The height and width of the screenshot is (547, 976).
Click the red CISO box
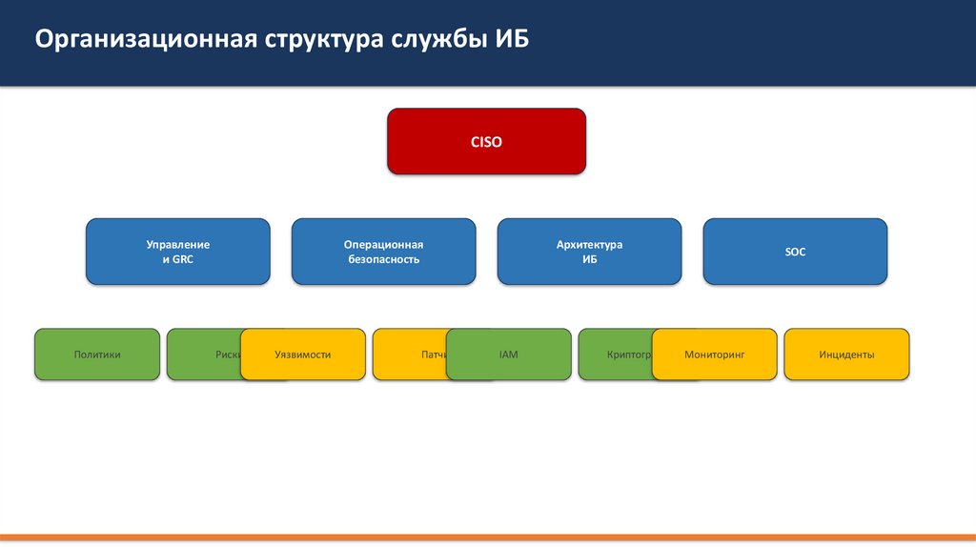coord(486,141)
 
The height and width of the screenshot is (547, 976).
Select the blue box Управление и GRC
coord(178,252)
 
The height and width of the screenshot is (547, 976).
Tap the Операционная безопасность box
coord(383,252)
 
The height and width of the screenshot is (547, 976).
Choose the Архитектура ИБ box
coord(589,252)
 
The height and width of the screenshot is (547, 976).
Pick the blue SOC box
coord(795,252)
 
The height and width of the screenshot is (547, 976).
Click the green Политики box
coord(97,355)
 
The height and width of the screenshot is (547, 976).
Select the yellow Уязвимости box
coord(302,355)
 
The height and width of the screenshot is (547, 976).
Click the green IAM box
coord(508,355)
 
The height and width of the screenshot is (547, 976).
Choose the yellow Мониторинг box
coord(714,355)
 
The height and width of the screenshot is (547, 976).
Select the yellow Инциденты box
coord(846,355)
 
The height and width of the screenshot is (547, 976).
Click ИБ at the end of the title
coord(512,41)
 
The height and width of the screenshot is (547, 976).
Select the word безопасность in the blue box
coord(383,259)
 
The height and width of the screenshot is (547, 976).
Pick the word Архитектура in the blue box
coord(589,245)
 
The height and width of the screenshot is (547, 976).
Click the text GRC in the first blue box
coord(184,259)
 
